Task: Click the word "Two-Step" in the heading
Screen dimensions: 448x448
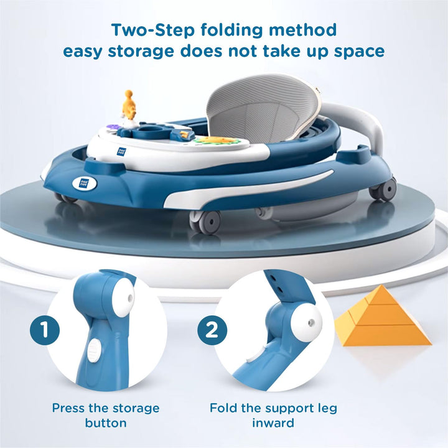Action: click(153, 30)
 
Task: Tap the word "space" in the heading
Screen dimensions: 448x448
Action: click(359, 52)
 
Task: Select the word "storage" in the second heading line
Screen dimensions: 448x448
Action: click(141, 52)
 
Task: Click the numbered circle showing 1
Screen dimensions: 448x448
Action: click(45, 330)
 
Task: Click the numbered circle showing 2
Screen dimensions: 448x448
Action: click(212, 330)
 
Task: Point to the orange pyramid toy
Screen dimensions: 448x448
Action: click(383, 317)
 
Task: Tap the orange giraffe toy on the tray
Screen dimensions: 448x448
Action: click(129, 106)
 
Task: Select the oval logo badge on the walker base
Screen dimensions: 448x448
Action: click(84, 183)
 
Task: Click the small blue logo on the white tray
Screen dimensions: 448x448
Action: click(122, 151)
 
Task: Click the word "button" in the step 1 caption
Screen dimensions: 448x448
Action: click(106, 423)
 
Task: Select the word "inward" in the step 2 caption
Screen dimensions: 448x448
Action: click(273, 423)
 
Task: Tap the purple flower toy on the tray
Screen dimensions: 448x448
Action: click(111, 126)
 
